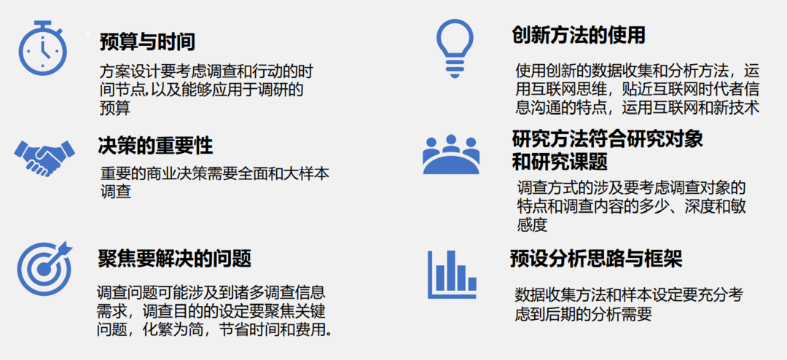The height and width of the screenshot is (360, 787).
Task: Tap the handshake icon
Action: click(44, 157)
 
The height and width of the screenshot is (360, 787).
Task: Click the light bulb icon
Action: click(454, 48)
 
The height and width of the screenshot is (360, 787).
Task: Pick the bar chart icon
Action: click(452, 275)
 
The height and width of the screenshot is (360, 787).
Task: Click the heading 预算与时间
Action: click(146, 42)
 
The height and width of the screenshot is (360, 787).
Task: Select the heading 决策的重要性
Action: click(155, 146)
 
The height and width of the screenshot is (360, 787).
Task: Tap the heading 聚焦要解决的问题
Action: click(174, 259)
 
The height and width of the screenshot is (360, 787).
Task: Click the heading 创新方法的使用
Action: click(578, 36)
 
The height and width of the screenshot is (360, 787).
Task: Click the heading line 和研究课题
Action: click(560, 162)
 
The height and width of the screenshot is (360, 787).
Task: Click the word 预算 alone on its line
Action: click(115, 109)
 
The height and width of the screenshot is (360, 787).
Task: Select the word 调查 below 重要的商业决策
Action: click(116, 192)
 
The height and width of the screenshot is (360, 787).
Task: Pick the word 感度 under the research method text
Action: click(531, 224)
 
